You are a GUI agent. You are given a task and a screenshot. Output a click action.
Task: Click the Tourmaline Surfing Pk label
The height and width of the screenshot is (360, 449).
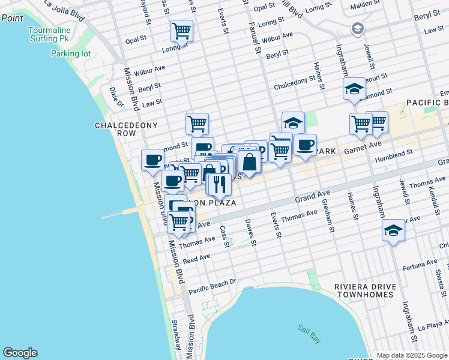[50, 34]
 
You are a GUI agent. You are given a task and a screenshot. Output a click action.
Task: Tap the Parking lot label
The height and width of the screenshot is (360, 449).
[71, 53]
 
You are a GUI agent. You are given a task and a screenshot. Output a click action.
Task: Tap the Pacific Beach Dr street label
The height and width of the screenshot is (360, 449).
[213, 286]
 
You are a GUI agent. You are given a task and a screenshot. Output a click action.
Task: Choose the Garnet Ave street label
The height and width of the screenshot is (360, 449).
[363, 145]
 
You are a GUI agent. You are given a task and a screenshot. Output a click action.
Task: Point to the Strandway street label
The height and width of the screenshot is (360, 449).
[176, 335]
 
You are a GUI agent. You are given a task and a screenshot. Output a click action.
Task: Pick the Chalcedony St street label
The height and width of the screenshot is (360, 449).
[295, 83]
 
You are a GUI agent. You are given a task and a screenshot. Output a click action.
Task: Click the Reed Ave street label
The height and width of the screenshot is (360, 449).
[197, 259]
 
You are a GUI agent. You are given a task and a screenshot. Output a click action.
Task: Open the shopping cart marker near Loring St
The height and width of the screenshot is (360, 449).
[181, 30]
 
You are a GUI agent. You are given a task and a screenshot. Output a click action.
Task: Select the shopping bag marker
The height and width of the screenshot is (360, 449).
[249, 161]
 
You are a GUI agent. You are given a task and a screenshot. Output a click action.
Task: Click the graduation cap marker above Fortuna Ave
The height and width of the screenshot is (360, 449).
[393, 231]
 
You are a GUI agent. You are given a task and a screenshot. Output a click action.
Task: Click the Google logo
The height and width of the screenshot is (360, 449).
[20, 353]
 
